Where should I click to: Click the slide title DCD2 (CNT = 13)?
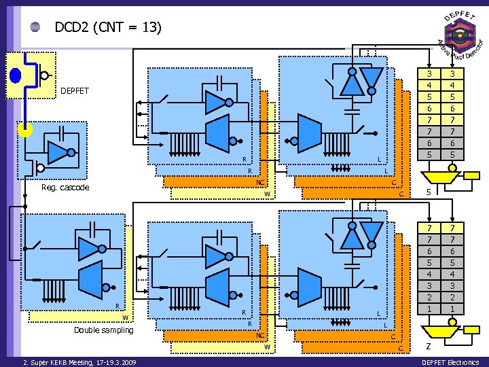(x=107, y=27)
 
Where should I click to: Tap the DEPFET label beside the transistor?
(x=74, y=90)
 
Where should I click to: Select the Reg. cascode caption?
(x=65, y=188)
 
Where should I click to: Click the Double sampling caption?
(x=103, y=330)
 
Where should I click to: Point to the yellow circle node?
(x=25, y=129)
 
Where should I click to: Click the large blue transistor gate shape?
(x=16, y=75)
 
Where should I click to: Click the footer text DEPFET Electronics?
(x=450, y=362)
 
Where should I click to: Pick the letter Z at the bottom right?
(x=429, y=347)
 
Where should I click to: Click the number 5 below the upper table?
(x=429, y=192)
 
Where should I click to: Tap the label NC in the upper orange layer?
(x=259, y=183)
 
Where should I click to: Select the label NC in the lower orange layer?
(x=259, y=336)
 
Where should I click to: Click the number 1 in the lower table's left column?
(x=429, y=309)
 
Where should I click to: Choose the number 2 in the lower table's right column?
(x=452, y=298)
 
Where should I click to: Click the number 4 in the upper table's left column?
(x=429, y=85)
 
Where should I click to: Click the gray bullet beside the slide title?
(x=36, y=28)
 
